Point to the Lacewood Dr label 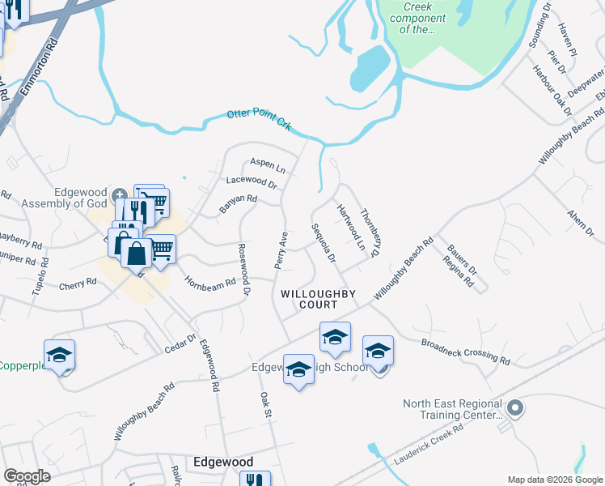point(252,182)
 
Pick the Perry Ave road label point(281,250)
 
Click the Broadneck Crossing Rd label point(466,349)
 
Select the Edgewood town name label point(223,461)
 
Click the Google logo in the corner point(27,476)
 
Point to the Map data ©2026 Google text point(554,480)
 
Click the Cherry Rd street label point(78,285)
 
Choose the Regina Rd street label point(458,271)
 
